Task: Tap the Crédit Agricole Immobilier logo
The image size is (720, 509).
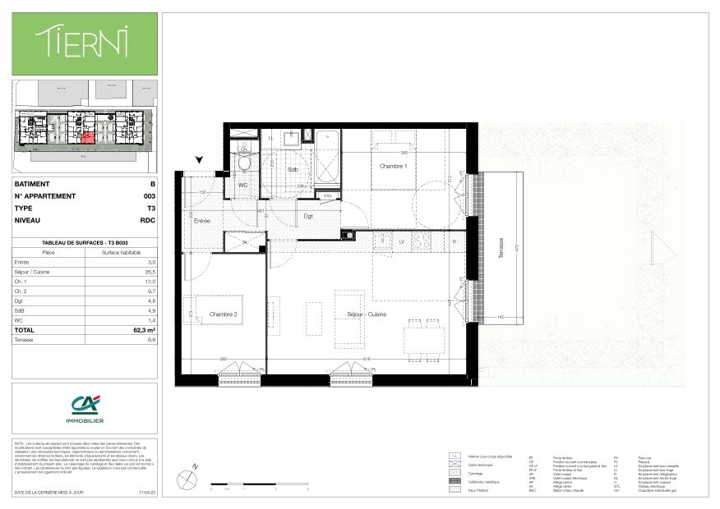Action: pos(84,407)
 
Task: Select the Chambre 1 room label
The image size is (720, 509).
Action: pos(393,167)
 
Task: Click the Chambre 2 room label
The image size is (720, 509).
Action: pos(222,314)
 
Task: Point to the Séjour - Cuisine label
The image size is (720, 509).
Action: pos(367,314)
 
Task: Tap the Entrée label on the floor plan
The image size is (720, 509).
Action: pos(201,221)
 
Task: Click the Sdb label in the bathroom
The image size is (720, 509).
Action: pos(292,170)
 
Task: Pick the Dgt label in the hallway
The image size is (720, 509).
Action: pos(307,216)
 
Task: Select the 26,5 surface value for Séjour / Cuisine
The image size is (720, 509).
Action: pos(149,272)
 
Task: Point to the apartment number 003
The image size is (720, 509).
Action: pos(149,196)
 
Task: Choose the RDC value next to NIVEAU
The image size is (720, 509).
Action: pos(148,221)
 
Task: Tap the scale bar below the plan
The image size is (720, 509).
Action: pos(259,483)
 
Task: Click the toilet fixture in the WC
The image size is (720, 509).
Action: pos(244,165)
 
